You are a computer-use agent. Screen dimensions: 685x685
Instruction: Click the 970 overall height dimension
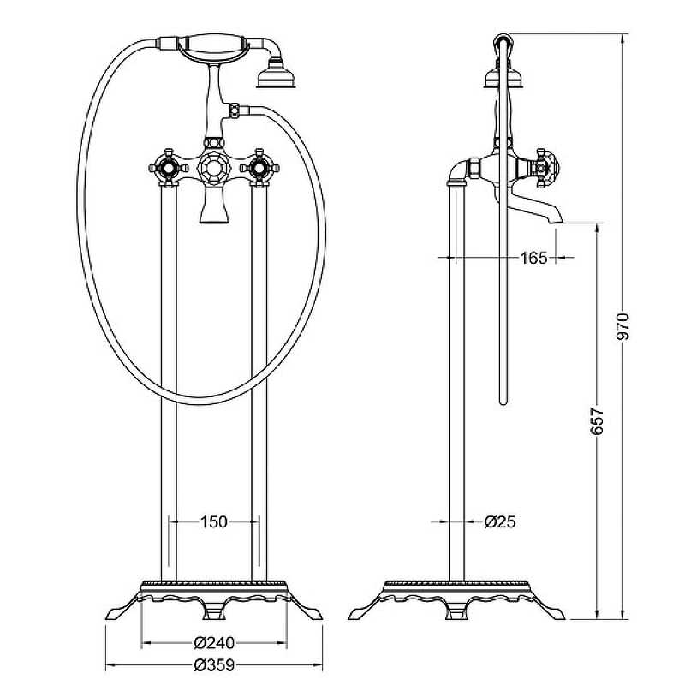(622, 326)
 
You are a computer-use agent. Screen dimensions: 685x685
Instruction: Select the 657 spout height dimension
(596, 421)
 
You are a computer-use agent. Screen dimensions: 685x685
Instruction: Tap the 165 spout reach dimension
(533, 258)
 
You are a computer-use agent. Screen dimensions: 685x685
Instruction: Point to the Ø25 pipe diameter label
(500, 521)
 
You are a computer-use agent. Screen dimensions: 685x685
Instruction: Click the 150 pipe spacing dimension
(213, 521)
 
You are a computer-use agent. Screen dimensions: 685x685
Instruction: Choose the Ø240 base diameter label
(214, 643)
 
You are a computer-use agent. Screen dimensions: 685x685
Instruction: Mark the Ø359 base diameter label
(214, 665)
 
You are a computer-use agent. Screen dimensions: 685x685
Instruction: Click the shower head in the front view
(276, 75)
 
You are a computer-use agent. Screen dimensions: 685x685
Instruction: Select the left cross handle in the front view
(169, 168)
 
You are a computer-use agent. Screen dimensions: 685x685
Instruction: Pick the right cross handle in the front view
(259, 168)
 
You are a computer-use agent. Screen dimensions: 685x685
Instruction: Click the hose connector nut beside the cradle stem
(235, 110)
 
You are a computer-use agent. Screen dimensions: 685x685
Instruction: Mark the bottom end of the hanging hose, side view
(503, 402)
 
